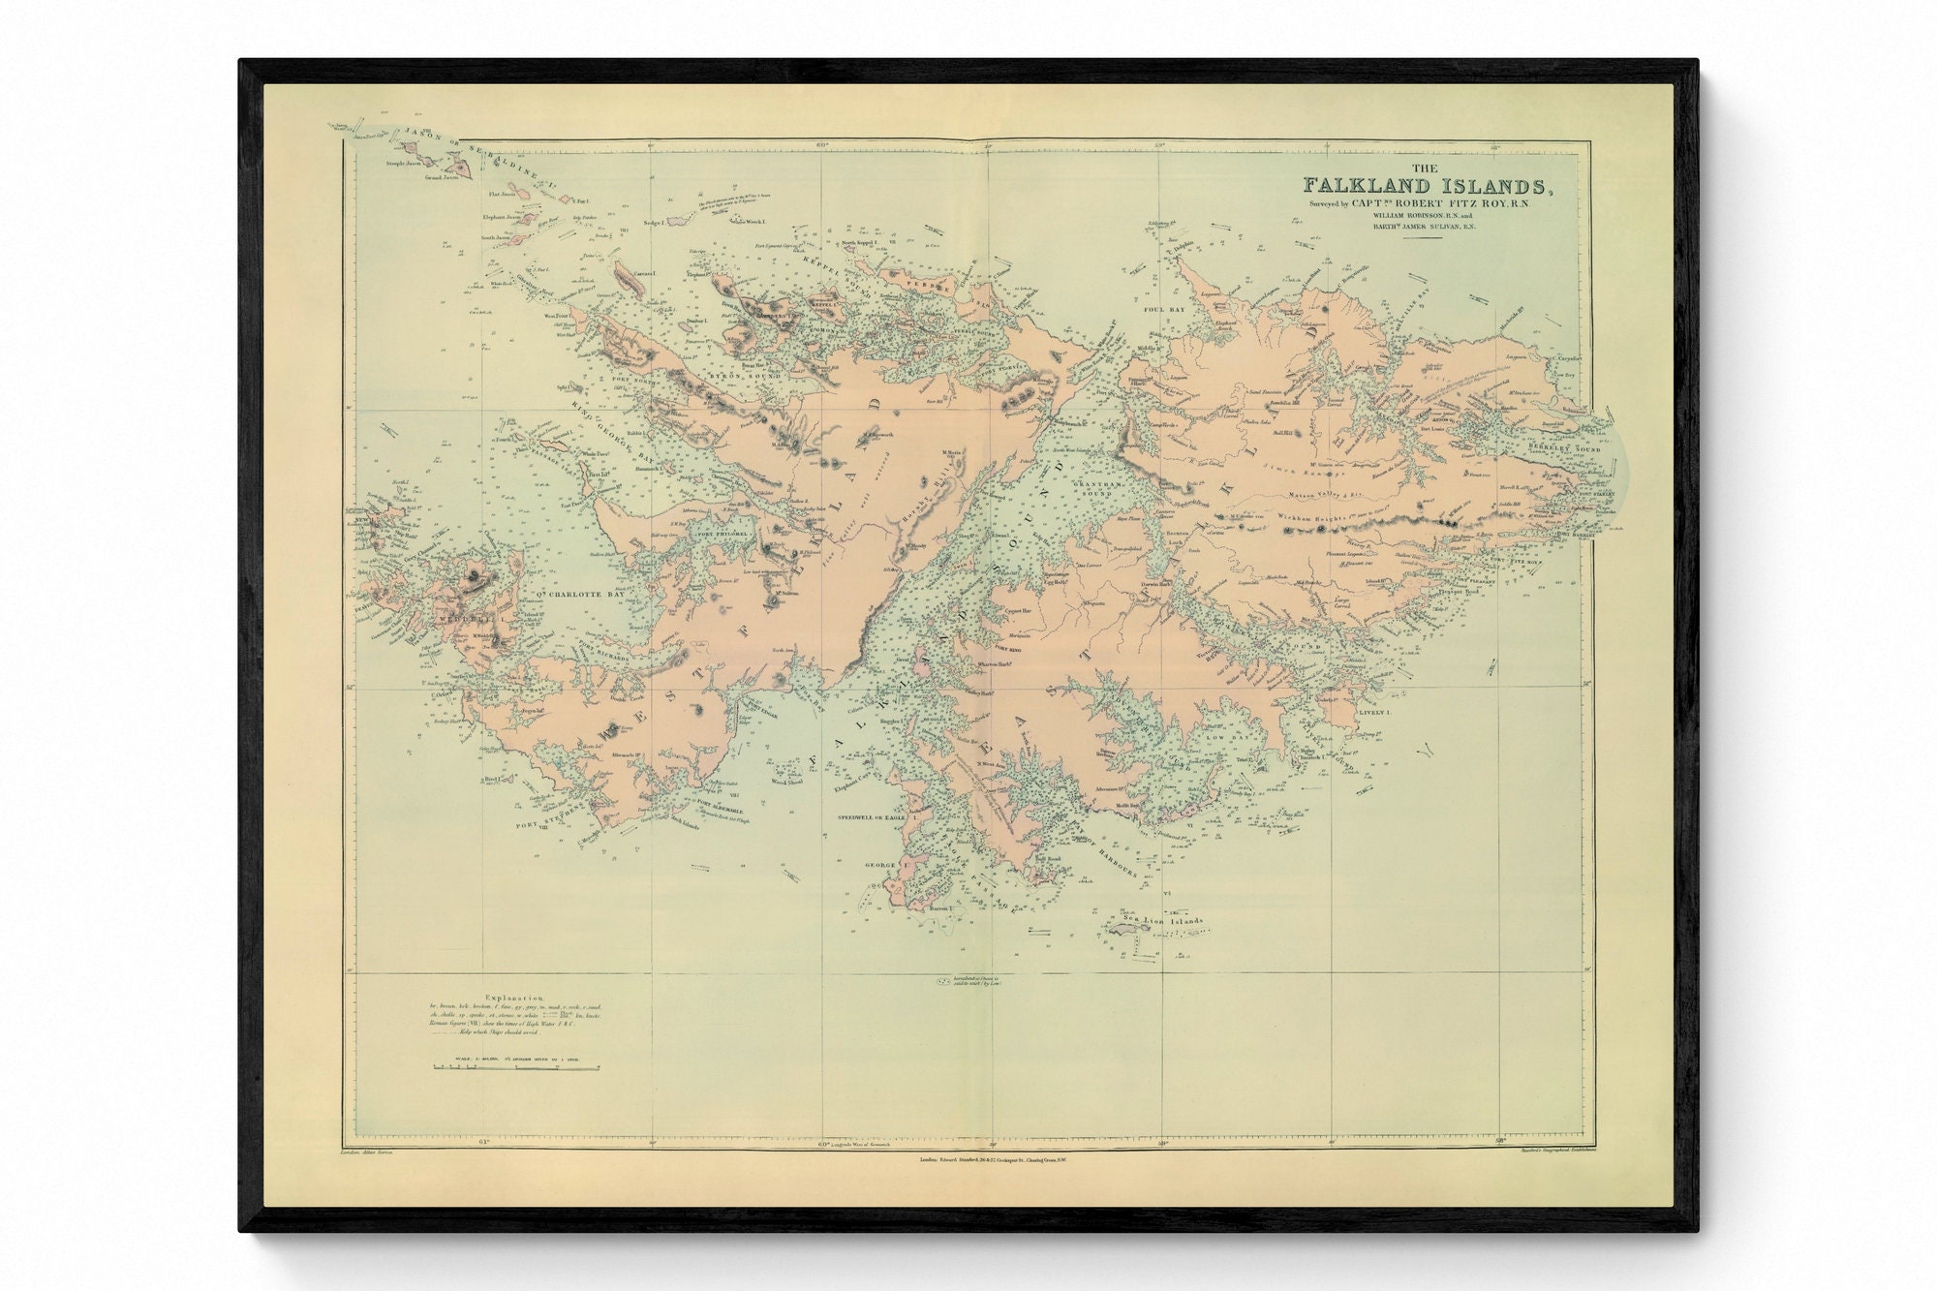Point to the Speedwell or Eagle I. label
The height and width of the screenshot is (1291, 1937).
click(x=875, y=818)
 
